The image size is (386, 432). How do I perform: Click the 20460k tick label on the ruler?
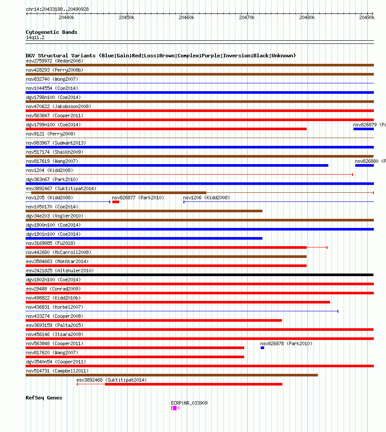pyautogui.click(x=186, y=17)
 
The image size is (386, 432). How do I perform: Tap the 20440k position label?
pyautogui.click(x=66, y=17)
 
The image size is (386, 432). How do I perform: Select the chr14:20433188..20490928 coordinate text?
pyautogui.click(x=57, y=9)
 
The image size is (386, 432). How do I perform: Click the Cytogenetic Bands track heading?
pyautogui.click(x=52, y=32)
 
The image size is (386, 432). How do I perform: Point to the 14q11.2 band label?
pyautogui.click(x=35, y=37)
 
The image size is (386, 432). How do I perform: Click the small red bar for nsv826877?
pyautogui.click(x=116, y=202)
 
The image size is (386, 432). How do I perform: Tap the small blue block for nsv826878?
pyautogui.click(x=262, y=348)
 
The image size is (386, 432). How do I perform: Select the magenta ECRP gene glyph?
pyautogui.click(x=174, y=408)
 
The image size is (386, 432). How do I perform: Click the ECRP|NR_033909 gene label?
pyautogui.click(x=189, y=403)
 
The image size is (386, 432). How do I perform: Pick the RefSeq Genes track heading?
pyautogui.click(x=44, y=398)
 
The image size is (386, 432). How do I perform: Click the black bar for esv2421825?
pyautogui.click(x=200, y=275)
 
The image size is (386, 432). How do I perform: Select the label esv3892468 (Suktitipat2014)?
pyautogui.click(x=111, y=380)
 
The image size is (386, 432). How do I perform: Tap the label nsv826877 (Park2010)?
pyautogui.click(x=138, y=198)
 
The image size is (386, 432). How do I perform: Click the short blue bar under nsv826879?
pyautogui.click(x=363, y=129)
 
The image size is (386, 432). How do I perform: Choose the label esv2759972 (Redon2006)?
pyautogui.click(x=55, y=61)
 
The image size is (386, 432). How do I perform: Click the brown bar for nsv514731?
pyautogui.click(x=172, y=375)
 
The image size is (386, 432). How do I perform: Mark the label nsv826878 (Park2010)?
pyautogui.click(x=286, y=343)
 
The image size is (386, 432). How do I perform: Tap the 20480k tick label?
pyautogui.click(x=307, y=17)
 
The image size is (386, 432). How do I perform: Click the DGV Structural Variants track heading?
pyautogui.click(x=160, y=56)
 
